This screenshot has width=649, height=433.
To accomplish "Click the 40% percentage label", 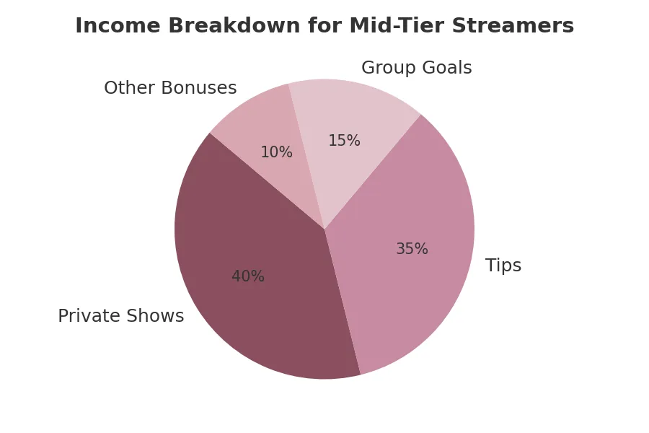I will tap(248, 277).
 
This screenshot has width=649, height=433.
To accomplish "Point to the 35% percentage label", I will tap(412, 250).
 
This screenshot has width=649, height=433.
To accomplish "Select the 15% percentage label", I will tap(344, 141).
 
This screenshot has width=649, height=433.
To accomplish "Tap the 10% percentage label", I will tap(276, 153).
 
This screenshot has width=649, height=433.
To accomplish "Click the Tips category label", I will tap(503, 266).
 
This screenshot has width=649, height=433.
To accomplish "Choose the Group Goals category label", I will tap(416, 69).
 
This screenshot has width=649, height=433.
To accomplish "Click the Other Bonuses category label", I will tap(170, 89).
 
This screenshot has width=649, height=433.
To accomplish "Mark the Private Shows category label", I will tap(120, 317).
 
